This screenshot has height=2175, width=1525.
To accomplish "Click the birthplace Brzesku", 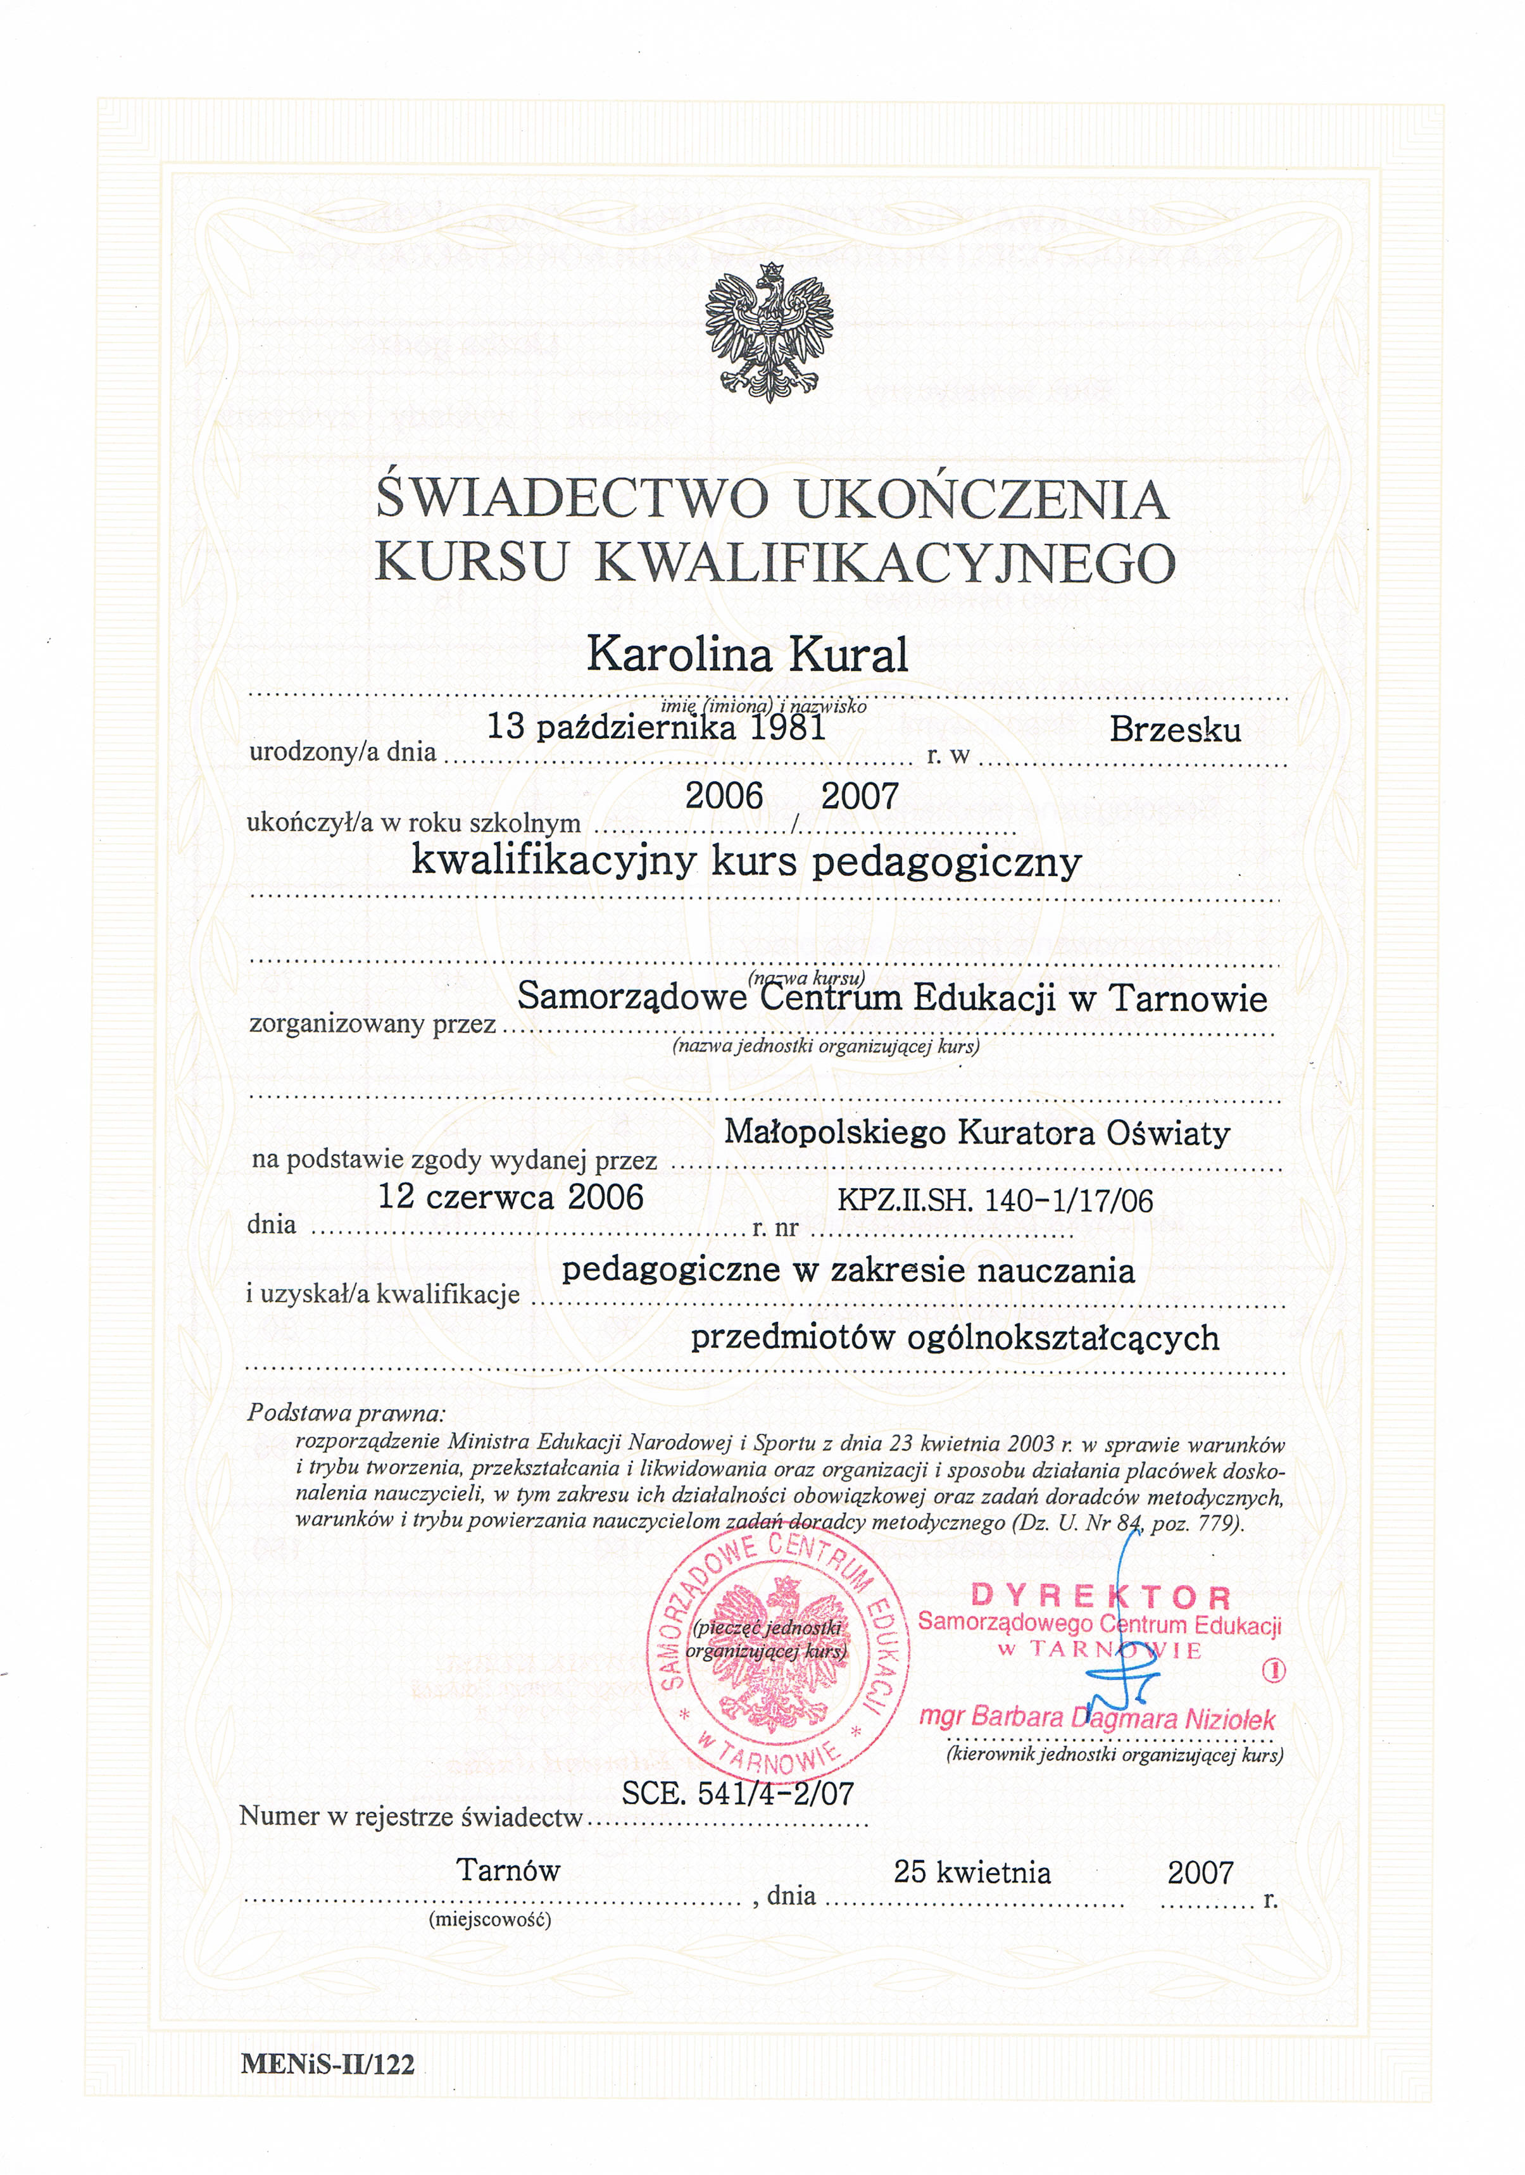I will pyautogui.click(x=1174, y=729).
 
